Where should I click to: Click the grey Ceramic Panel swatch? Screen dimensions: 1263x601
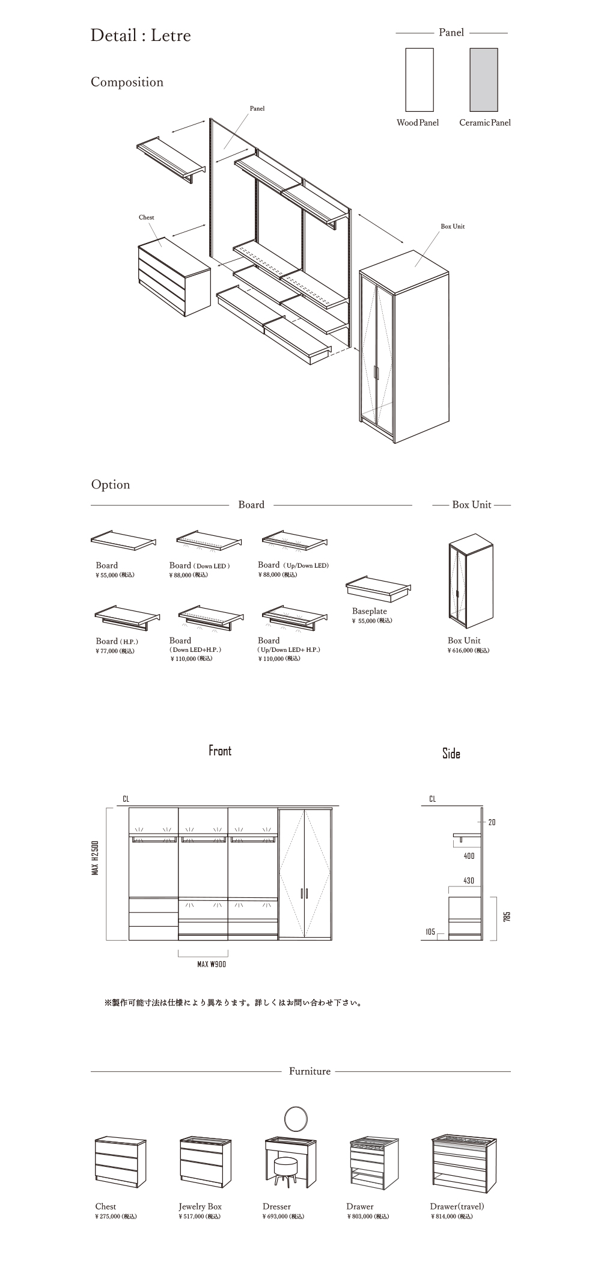coord(484,80)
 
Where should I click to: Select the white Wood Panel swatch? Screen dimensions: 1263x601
coord(419,80)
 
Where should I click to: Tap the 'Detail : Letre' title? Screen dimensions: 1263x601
coord(141,35)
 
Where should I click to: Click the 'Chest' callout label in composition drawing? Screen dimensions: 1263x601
coord(146,218)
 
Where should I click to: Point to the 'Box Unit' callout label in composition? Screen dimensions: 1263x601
coord(453,227)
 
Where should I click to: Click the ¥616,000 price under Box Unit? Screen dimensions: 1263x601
coord(468,651)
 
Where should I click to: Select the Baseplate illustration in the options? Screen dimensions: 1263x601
coord(379,589)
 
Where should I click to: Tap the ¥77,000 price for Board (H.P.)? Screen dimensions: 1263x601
coord(115,651)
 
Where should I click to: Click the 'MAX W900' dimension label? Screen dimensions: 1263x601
coord(212,965)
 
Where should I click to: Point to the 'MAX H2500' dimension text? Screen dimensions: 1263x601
coord(96,858)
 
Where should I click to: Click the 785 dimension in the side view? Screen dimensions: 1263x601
coord(507,917)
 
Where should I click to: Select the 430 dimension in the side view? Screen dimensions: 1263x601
coord(469,881)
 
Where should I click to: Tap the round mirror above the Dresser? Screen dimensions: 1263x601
coord(294,1119)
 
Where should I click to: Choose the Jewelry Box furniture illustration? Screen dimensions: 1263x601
coord(201,1161)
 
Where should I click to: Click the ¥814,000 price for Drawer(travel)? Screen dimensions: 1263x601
coord(451,1217)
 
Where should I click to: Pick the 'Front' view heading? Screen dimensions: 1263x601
coord(220,751)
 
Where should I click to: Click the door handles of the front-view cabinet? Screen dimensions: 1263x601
coord(304,893)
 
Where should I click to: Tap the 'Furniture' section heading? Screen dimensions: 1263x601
coord(310,1071)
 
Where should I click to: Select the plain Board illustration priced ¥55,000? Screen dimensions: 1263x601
coord(123,540)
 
